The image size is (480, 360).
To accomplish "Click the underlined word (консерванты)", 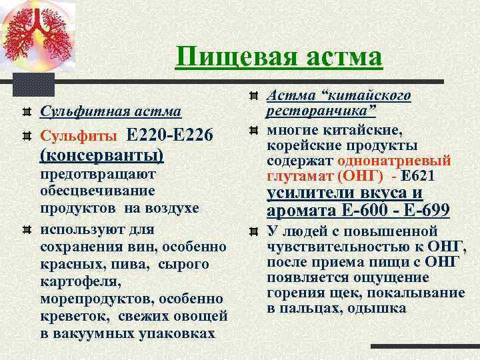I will [x=102, y=155].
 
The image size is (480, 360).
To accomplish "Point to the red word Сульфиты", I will [x=78, y=136].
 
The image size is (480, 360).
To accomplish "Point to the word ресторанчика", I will [x=321, y=111].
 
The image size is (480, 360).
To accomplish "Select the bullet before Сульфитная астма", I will [x=26, y=110].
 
